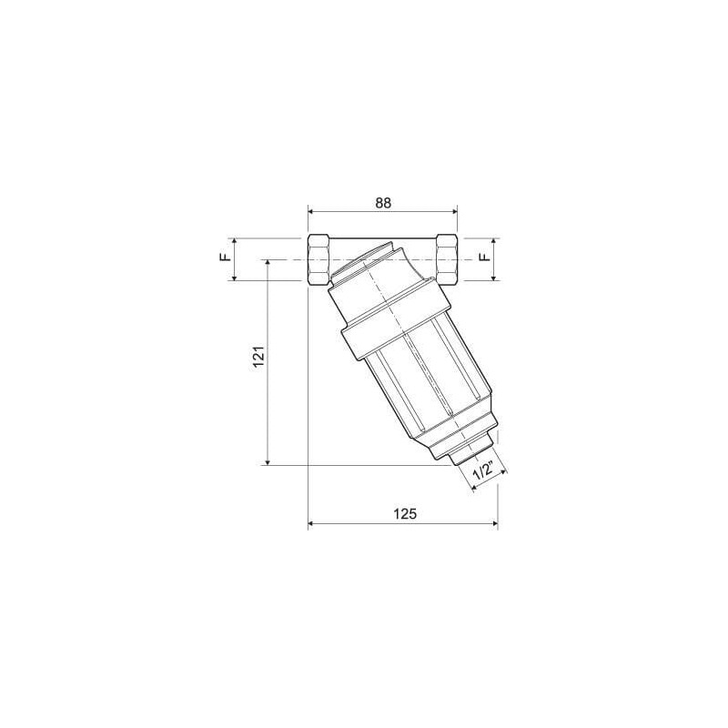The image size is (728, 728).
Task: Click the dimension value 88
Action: (383, 203)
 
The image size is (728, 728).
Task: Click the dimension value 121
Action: (258, 357)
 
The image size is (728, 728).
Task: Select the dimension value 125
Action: (405, 514)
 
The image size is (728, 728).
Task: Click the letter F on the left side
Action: (225, 258)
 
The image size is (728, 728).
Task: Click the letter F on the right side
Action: (484, 258)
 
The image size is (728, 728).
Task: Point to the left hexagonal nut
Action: (319, 260)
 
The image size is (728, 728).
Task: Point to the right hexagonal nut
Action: (447, 260)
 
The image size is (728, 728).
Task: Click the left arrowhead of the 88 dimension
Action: (312, 212)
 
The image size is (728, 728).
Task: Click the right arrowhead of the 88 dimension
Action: (453, 212)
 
